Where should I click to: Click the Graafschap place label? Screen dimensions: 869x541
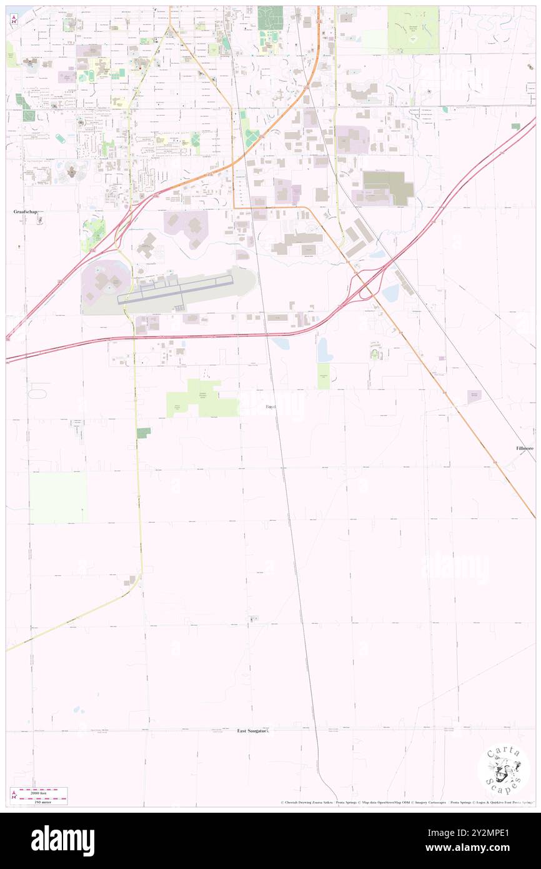26,212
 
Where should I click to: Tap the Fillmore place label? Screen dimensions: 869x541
524,448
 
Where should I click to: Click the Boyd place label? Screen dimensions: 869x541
270,406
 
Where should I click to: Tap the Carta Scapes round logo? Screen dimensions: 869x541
504,770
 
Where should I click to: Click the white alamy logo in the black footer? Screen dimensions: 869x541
62,840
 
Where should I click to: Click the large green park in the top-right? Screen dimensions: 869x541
412,29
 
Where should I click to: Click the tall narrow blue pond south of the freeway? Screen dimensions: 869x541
322,350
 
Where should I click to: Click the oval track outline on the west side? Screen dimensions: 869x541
37,394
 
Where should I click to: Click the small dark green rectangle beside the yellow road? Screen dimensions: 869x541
144,433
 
